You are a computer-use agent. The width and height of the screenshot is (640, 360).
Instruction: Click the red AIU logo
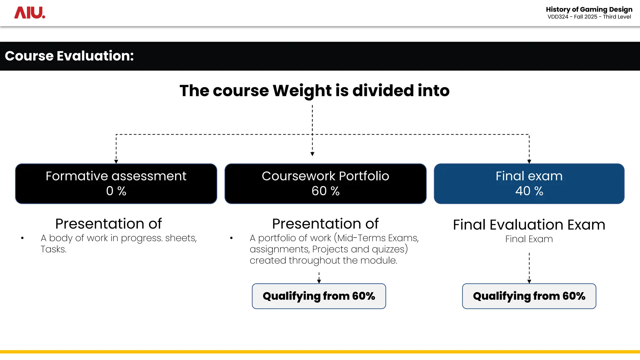pyautogui.click(x=30, y=13)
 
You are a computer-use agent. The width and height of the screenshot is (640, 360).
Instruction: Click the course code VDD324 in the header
pyautogui.click(x=558, y=17)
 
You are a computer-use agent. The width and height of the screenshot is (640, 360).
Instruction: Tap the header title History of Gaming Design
pyautogui.click(x=589, y=9)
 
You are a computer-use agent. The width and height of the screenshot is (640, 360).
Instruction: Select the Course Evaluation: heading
pyautogui.click(x=69, y=56)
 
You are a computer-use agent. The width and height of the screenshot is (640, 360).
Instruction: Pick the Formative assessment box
pyautogui.click(x=116, y=183)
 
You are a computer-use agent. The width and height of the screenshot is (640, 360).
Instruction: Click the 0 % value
pyautogui.click(x=116, y=191)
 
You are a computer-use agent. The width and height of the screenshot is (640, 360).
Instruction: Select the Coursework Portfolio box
pyautogui.click(x=325, y=183)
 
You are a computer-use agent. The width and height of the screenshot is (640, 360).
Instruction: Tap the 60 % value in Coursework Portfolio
pyautogui.click(x=325, y=191)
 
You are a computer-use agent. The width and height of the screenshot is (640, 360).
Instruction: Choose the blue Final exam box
pyautogui.click(x=529, y=183)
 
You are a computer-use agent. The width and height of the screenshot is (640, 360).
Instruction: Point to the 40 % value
pyautogui.click(x=529, y=191)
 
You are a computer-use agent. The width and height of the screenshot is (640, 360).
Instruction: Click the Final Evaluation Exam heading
pyautogui.click(x=529, y=225)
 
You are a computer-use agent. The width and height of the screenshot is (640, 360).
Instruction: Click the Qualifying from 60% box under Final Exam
pyautogui.click(x=529, y=296)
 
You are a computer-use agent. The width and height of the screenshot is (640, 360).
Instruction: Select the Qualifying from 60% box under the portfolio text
pyautogui.click(x=319, y=296)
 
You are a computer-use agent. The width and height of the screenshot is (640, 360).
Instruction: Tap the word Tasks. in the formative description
pyautogui.click(x=53, y=249)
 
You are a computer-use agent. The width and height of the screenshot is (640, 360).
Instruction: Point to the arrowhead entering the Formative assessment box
pyautogui.click(x=116, y=162)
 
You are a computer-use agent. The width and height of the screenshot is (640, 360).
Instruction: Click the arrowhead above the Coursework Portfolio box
pyautogui.click(x=312, y=154)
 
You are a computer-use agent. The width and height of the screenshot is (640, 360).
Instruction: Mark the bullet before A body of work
pyautogui.click(x=22, y=238)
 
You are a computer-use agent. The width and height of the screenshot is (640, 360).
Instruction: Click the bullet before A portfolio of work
pyautogui.click(x=231, y=238)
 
